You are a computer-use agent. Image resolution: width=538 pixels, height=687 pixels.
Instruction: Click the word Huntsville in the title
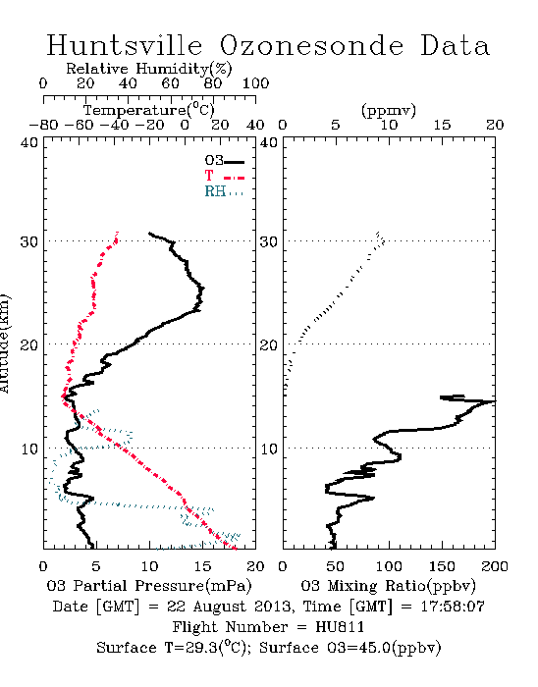pos(125,45)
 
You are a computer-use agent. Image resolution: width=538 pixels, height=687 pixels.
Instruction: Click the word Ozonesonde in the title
pos(311,45)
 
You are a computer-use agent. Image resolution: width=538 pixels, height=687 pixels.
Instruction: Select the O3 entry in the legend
pos(224,161)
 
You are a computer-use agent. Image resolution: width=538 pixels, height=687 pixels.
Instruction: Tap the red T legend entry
pos(224,176)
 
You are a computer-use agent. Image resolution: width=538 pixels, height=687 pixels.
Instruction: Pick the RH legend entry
pos(224,191)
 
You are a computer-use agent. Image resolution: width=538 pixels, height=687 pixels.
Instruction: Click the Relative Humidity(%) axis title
pos(149,69)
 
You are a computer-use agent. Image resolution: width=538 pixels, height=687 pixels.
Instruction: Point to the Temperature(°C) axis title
pos(149,110)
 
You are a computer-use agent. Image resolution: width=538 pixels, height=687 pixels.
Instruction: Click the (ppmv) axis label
pos(389,110)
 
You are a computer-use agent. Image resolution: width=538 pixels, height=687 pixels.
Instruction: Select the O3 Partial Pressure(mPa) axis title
pos(149,586)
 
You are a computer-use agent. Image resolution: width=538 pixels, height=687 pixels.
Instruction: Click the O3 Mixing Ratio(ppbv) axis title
pos(388,586)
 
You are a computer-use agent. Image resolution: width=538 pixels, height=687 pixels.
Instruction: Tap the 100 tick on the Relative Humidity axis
pos(255,83)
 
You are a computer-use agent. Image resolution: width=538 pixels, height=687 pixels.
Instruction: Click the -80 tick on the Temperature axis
pos(43,125)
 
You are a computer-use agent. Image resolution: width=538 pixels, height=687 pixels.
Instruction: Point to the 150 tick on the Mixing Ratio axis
pos(442,566)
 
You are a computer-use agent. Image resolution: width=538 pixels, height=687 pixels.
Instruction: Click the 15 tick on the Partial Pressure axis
pos(202,566)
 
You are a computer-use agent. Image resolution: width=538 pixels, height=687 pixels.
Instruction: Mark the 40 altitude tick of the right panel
pos(268,143)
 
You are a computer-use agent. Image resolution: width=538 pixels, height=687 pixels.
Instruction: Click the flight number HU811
pos(340,627)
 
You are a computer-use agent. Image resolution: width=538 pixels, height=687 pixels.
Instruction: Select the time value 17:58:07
pos(453,607)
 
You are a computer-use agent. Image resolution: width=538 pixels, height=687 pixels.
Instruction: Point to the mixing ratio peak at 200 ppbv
pos(494,400)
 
